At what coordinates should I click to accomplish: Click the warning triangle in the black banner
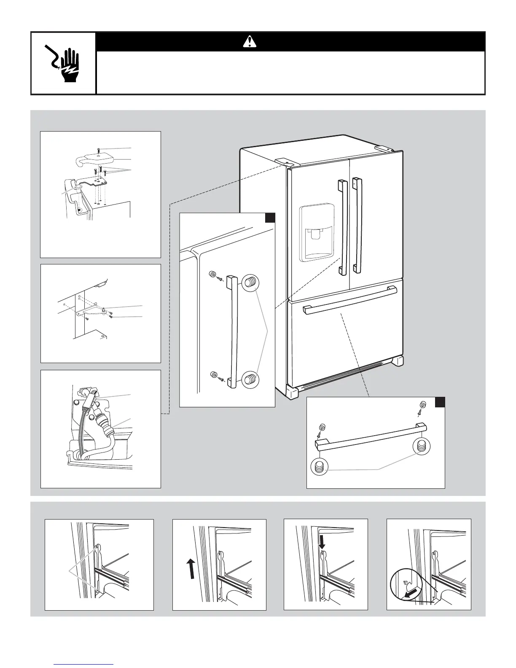tap(250, 41)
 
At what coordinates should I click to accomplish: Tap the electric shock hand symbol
tap(63, 63)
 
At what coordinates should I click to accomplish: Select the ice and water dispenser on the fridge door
tap(317, 233)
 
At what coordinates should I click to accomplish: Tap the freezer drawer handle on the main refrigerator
tap(350, 300)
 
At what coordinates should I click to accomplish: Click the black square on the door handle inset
tap(270, 218)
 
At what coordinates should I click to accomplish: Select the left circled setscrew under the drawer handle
tap(319, 466)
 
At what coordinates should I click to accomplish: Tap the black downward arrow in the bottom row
tap(322, 542)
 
